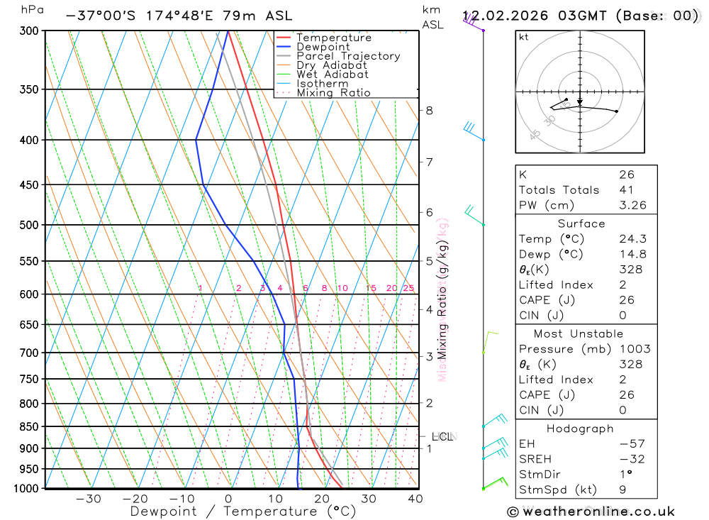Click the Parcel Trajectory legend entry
(x=348, y=56)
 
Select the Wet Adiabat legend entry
(x=333, y=74)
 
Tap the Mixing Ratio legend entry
(x=333, y=93)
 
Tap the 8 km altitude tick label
(x=430, y=110)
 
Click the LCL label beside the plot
(x=442, y=437)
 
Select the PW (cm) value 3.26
(x=632, y=205)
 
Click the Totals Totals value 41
(x=626, y=189)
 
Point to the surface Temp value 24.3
(x=632, y=239)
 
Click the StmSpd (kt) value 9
(x=622, y=489)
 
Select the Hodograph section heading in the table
(x=581, y=429)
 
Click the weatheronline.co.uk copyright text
(x=591, y=511)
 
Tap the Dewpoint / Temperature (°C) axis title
(x=242, y=511)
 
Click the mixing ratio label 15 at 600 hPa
(x=371, y=288)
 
